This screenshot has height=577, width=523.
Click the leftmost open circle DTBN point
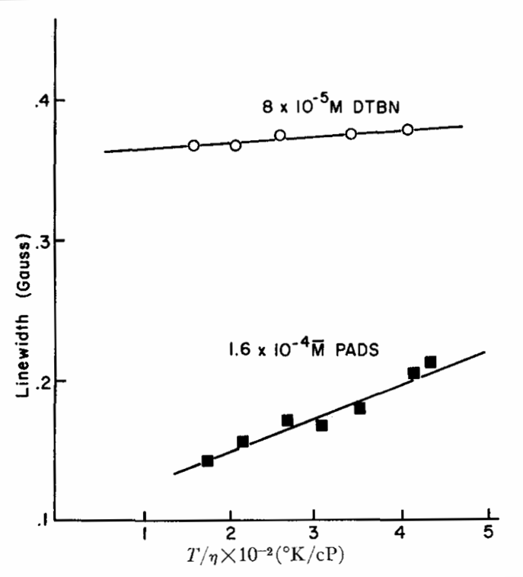point(193,145)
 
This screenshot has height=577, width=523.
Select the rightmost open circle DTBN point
point(408,129)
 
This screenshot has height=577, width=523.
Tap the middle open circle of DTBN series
point(280,135)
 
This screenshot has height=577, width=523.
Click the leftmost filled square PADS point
point(207,461)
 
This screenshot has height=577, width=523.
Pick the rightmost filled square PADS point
point(430,362)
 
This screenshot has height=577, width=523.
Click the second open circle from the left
point(235,145)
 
